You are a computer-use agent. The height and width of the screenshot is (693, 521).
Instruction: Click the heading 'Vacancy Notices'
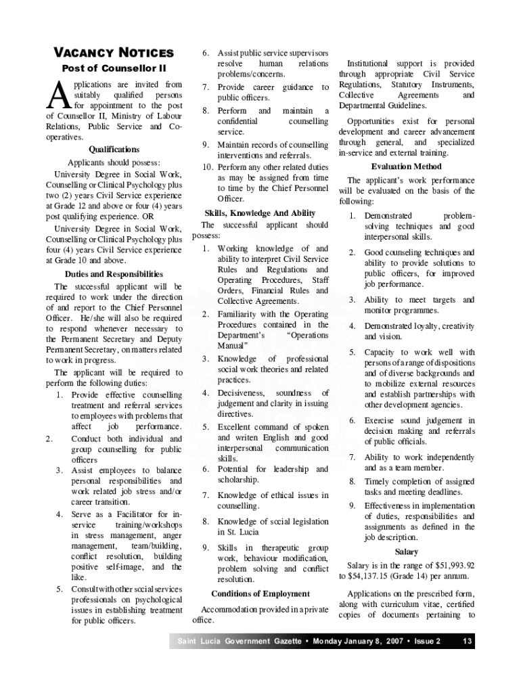114,53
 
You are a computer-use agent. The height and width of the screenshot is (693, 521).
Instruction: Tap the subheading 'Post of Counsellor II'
114,68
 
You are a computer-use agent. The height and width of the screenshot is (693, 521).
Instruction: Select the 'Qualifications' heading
114,149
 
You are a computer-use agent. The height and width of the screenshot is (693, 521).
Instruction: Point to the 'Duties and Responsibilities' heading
114,274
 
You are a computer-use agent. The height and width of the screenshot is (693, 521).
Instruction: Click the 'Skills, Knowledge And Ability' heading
260,213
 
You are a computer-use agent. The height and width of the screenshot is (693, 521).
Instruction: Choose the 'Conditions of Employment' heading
260,594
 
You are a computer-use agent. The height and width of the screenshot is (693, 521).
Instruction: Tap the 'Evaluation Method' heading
406,166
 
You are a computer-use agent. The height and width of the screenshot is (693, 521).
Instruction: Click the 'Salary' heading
406,552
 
